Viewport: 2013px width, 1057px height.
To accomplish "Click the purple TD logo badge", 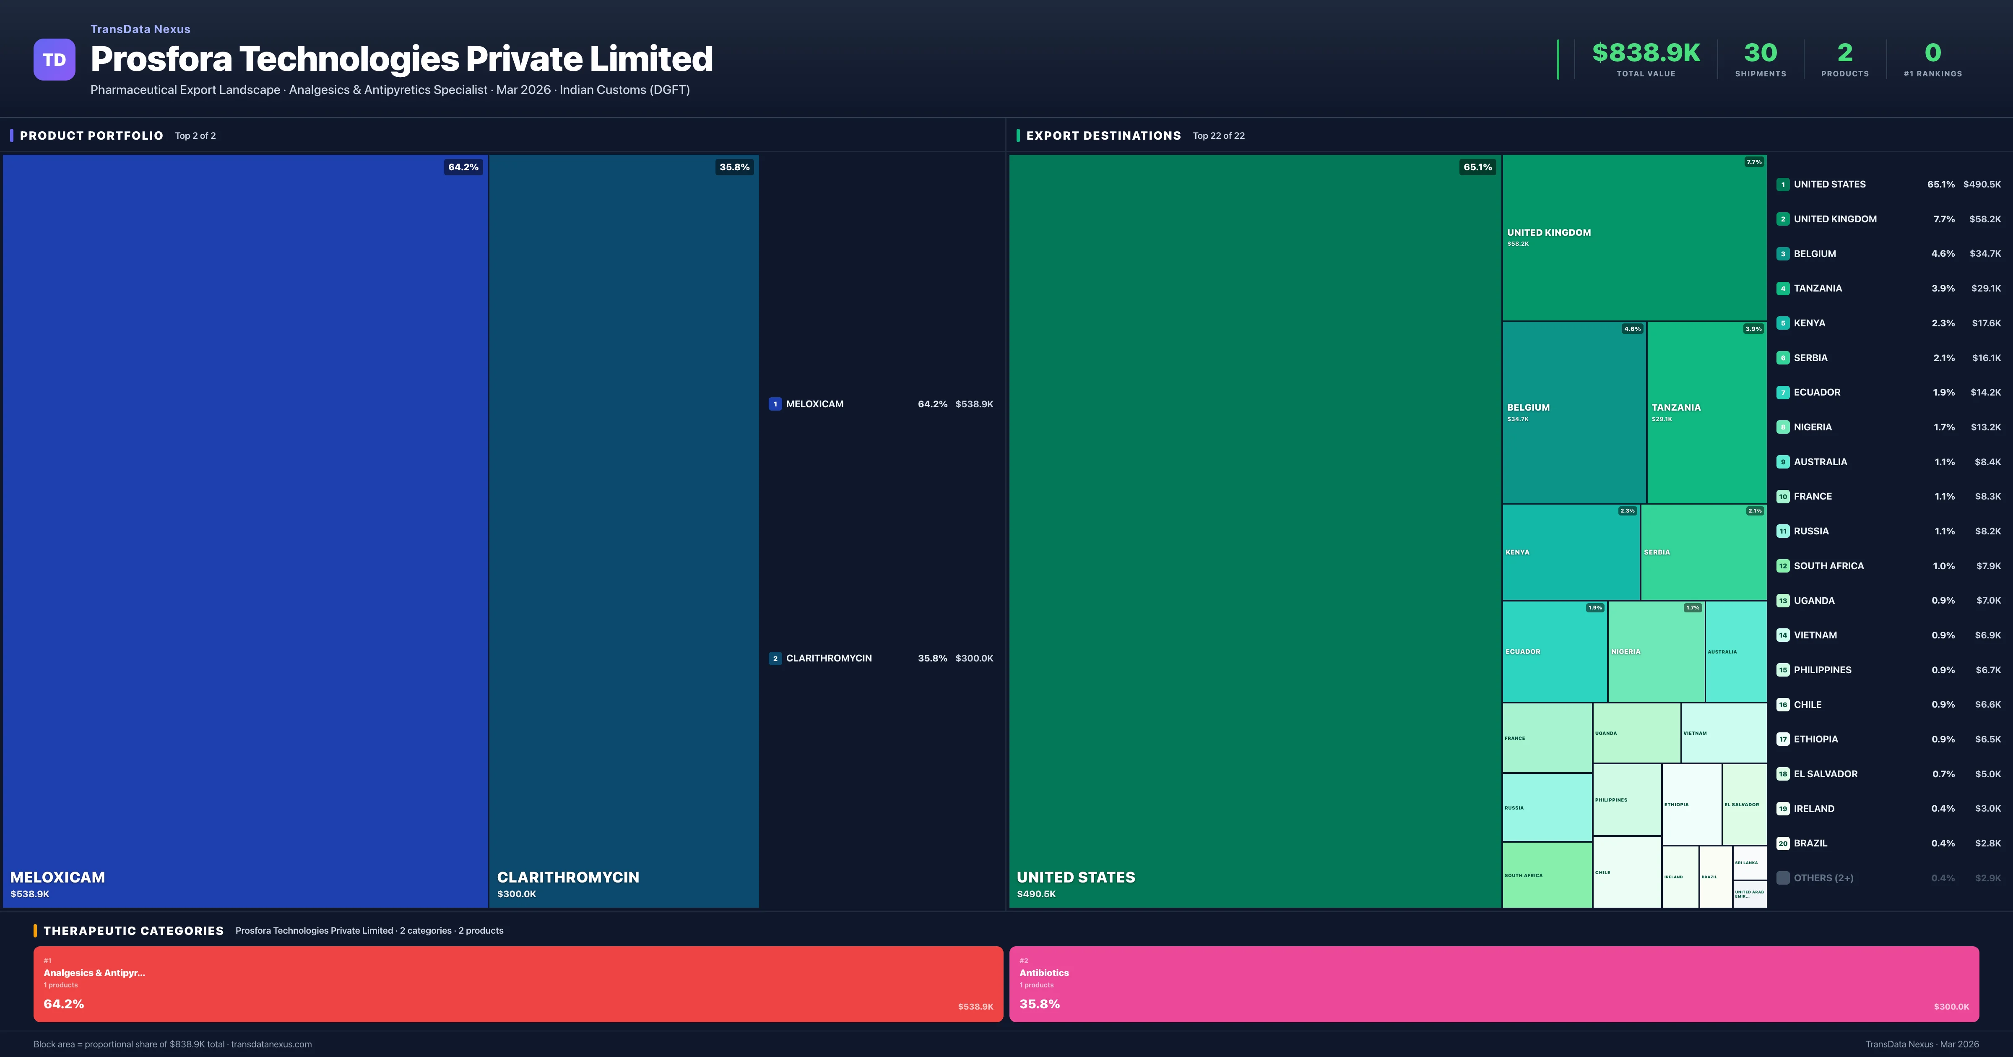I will point(54,60).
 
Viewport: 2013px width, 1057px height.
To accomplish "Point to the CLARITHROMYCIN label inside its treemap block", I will point(568,877).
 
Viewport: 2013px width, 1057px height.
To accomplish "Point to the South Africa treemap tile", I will point(1547,875).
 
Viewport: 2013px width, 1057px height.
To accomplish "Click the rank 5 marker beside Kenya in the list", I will point(1782,323).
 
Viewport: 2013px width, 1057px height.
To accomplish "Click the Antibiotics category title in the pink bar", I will point(1043,973).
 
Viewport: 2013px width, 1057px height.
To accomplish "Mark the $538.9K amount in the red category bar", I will point(975,1006).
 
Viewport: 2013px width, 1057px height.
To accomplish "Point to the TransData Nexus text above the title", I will point(140,29).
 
